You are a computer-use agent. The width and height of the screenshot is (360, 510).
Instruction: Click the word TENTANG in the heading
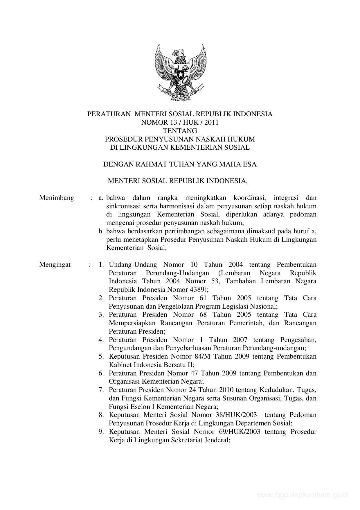180,131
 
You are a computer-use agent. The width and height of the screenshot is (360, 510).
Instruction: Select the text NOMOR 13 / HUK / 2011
180,122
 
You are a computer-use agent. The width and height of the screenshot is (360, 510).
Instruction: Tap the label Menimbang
57,198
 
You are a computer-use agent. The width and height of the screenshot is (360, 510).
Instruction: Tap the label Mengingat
55,265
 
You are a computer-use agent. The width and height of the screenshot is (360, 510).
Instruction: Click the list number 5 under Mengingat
101,357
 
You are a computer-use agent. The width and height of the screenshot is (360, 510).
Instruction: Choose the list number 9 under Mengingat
101,432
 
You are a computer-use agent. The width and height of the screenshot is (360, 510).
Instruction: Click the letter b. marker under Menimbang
101,232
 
